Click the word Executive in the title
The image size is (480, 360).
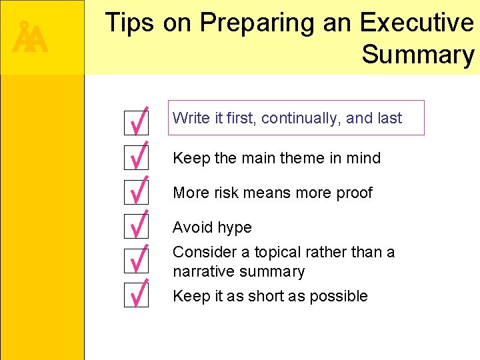[x=417, y=23]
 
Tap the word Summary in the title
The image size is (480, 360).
[x=418, y=55]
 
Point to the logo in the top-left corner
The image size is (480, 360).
[x=30, y=38]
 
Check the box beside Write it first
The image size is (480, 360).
[x=137, y=122]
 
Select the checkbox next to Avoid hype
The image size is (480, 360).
[x=137, y=226]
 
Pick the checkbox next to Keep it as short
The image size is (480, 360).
[x=137, y=295]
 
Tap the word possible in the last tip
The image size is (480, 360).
[x=341, y=297]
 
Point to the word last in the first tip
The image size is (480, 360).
[x=390, y=119]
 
